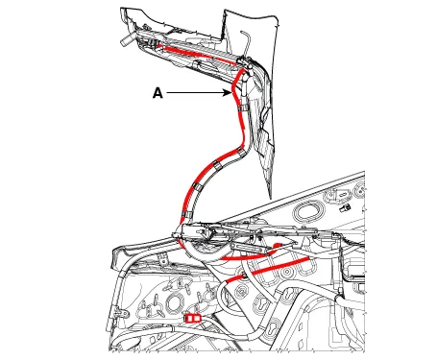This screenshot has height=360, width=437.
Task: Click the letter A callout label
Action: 158,93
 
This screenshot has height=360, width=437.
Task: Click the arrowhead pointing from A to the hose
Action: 228,93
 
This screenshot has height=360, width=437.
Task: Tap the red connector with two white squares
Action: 193,318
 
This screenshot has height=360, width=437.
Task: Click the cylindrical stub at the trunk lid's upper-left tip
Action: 127,39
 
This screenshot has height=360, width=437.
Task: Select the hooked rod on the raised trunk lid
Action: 246,41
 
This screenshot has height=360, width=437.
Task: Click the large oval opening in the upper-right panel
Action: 309,210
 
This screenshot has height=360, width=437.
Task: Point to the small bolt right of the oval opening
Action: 345,207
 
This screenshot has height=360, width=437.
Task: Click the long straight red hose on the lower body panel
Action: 267,270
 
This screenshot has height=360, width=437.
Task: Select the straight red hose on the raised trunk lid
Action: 200,54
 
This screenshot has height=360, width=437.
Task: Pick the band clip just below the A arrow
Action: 243,108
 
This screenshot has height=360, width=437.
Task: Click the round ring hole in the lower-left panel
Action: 174,301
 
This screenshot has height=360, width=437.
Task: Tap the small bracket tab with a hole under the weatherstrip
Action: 163,259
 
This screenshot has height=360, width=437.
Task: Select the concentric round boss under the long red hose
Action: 287,273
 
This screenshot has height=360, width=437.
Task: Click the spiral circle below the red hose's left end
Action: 240,292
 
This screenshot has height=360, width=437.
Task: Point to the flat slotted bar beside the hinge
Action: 247,248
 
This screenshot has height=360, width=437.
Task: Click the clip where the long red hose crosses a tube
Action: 244,275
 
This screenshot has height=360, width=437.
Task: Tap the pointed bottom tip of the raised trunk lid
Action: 271,198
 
